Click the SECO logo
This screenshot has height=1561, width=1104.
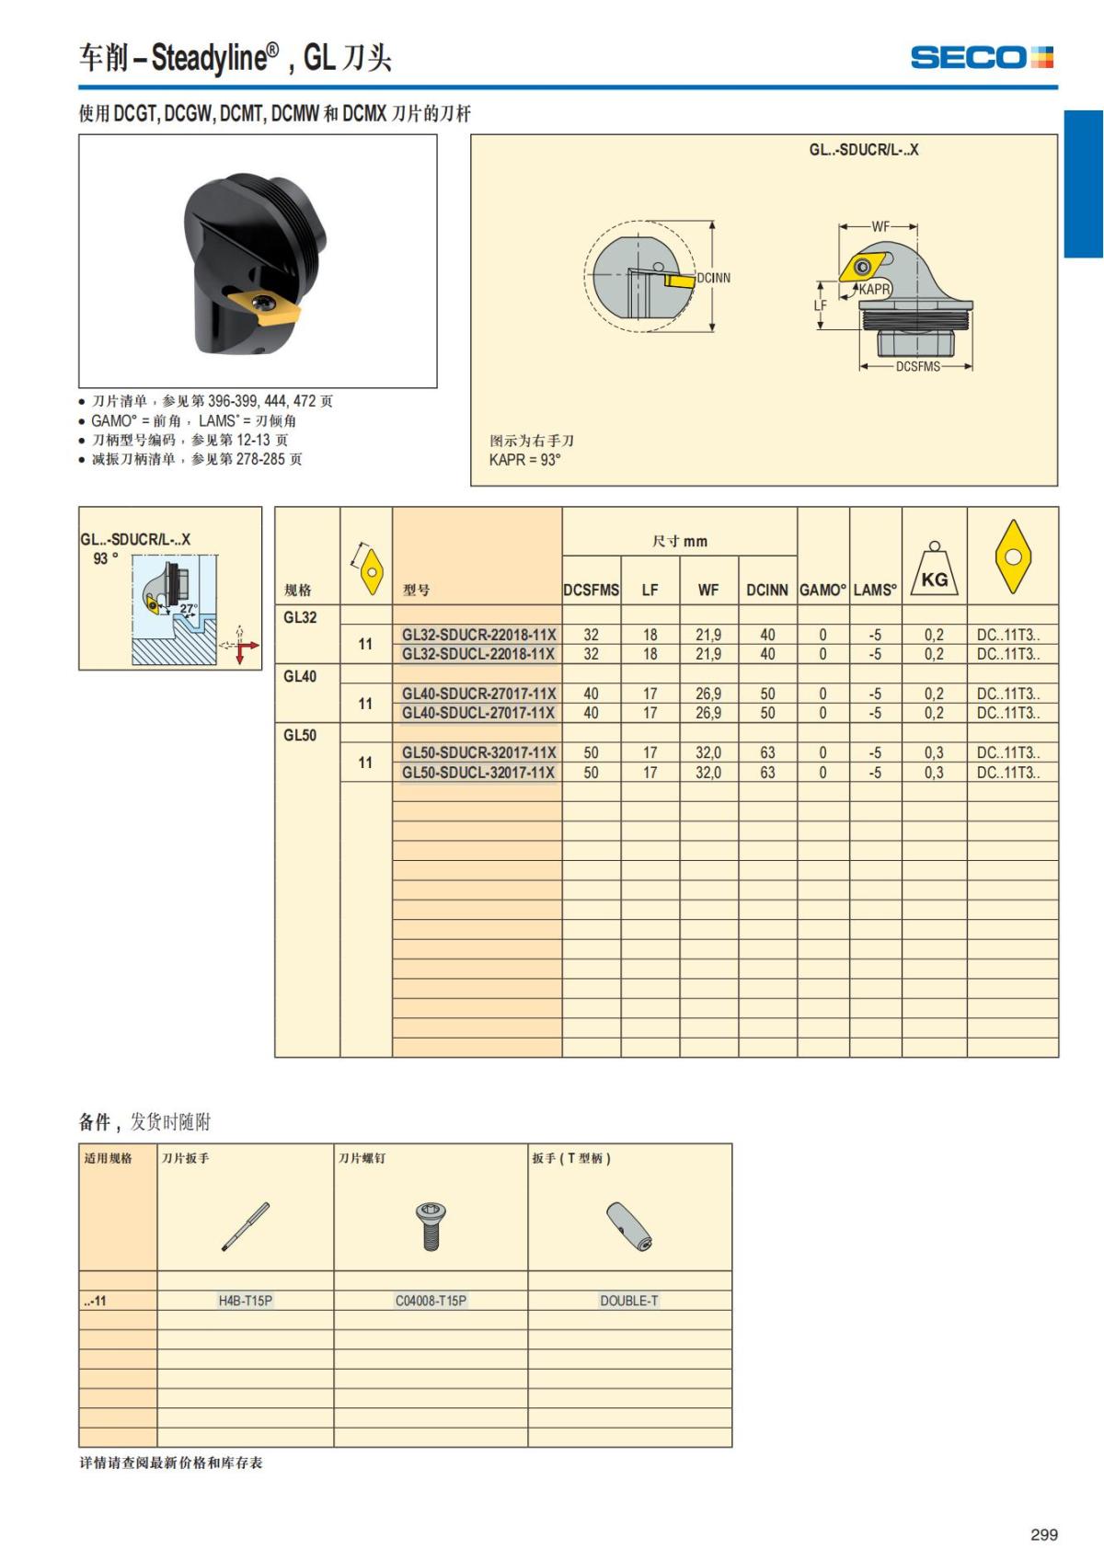click(x=981, y=57)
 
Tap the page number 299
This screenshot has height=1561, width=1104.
click(x=1043, y=1534)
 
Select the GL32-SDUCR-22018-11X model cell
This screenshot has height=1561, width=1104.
click(x=478, y=635)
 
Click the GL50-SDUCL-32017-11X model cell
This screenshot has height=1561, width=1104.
click(x=478, y=773)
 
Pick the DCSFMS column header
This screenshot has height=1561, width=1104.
click(x=591, y=591)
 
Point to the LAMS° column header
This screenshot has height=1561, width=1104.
click(x=875, y=591)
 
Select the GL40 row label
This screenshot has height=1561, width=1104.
click(x=300, y=677)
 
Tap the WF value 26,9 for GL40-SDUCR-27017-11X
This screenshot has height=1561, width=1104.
click(x=708, y=694)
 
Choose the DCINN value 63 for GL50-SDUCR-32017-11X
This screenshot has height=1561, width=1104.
click(x=767, y=752)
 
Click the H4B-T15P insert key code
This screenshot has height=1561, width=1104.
click(x=245, y=1301)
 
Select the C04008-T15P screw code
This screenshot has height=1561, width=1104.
click(x=431, y=1301)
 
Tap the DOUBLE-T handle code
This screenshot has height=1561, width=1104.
click(x=629, y=1301)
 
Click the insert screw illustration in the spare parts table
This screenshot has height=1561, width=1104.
click(x=430, y=1226)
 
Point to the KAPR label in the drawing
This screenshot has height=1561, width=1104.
click(x=875, y=289)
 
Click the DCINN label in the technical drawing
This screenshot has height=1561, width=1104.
click(x=713, y=278)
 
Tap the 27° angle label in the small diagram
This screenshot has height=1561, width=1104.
click(x=189, y=608)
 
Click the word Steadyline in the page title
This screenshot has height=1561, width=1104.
click(x=209, y=59)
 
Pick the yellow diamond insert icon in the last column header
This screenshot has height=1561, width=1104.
click(x=1013, y=557)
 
